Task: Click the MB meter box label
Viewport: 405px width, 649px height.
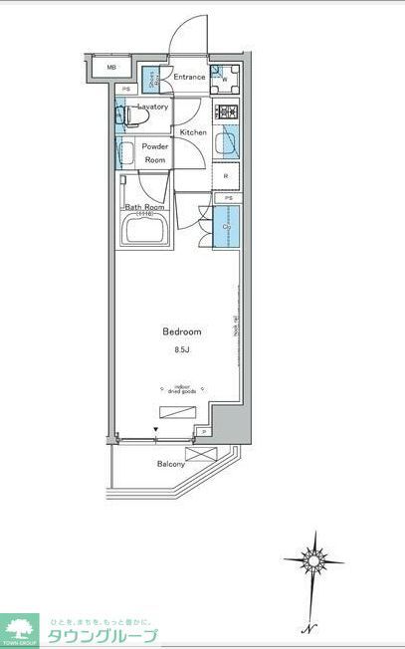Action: tap(112, 69)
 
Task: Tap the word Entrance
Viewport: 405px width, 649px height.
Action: tap(188, 77)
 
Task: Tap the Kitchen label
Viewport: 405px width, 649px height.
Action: tap(193, 132)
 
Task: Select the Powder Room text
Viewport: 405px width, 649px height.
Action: tap(155, 153)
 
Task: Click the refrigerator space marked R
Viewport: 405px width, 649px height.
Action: tap(226, 176)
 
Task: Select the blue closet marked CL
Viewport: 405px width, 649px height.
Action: tap(227, 227)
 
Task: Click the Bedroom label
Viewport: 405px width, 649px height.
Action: tap(182, 331)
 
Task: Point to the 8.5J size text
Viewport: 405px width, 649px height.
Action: tap(182, 349)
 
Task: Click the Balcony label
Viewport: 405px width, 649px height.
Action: tap(170, 465)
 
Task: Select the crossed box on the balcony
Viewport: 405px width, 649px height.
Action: tap(201, 453)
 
